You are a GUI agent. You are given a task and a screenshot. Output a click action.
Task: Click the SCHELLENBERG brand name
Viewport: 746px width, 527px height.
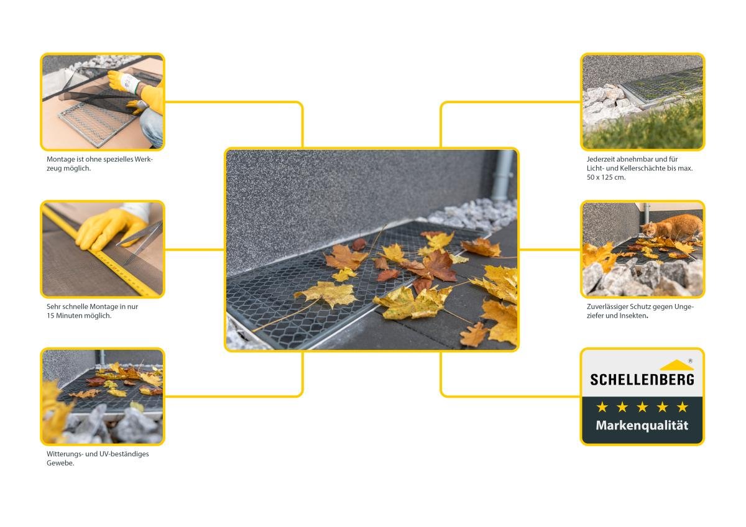642,380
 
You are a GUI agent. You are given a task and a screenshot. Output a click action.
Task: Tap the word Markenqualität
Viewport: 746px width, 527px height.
642,426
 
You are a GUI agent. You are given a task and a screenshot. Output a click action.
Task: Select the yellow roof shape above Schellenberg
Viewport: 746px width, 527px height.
676,365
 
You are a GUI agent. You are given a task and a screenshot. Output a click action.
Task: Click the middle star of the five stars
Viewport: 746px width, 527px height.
642,407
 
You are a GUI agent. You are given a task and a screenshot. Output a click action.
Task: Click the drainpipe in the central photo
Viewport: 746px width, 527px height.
503,176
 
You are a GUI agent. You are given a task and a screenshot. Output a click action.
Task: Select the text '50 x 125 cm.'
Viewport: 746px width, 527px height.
606,178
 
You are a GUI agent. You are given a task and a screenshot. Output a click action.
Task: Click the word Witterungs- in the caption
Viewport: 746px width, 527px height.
65,454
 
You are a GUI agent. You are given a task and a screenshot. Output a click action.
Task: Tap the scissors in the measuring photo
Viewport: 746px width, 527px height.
139,240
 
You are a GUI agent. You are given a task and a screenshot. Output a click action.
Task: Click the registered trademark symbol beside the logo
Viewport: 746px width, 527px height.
691,361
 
